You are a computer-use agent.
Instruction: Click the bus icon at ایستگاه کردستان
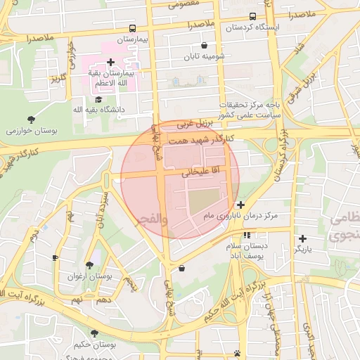tap(252, 17)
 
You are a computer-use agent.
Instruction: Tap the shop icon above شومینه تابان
tap(204, 45)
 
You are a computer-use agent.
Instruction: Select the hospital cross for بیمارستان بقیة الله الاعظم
tap(110, 63)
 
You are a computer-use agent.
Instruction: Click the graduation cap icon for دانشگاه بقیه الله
tap(99, 100)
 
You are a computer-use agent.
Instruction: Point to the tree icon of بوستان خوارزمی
tap(30, 120)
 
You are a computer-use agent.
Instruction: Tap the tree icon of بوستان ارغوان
tap(89, 266)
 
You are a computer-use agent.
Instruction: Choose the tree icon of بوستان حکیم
tap(94, 333)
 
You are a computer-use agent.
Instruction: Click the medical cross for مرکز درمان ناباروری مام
tap(240, 205)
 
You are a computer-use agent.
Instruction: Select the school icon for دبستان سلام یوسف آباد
tap(247, 235)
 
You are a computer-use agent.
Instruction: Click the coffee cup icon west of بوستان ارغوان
tap(56, 258)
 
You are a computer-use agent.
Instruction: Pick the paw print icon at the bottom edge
tap(237, 354)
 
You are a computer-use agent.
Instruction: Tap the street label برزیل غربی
tap(193, 124)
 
